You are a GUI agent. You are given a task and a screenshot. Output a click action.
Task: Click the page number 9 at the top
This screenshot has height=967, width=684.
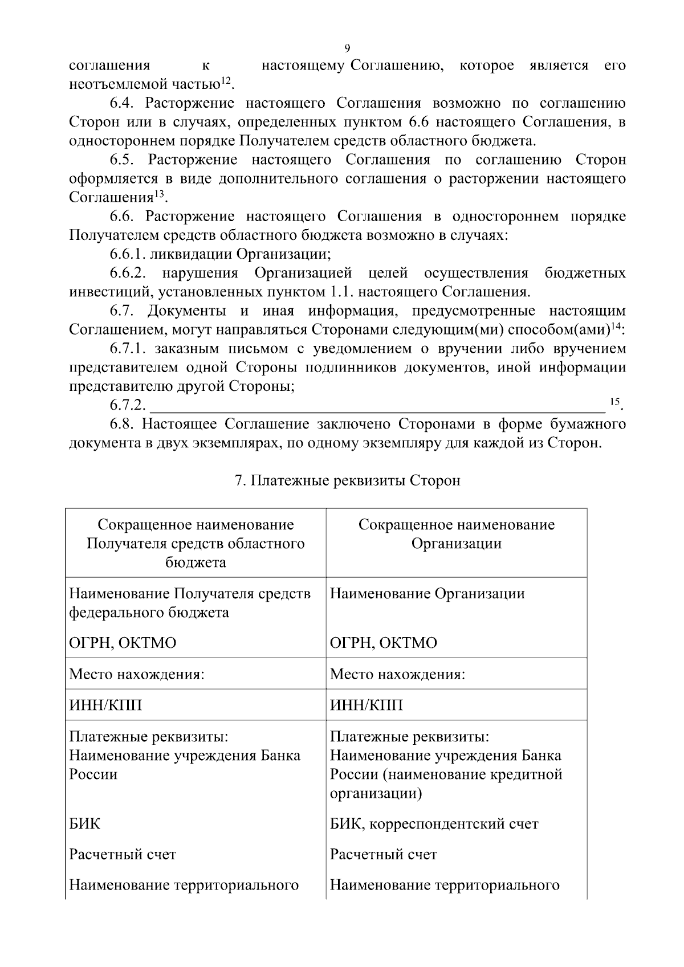347,48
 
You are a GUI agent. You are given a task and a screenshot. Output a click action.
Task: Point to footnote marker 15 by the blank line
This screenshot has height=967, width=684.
614,401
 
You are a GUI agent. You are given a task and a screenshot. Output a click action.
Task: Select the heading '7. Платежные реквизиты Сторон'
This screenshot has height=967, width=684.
347,480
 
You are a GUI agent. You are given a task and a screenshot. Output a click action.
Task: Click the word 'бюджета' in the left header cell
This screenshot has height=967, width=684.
196,562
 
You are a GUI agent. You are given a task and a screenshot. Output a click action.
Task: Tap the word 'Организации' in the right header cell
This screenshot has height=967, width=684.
456,543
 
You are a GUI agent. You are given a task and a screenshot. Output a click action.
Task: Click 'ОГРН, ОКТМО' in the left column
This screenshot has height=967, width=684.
123,643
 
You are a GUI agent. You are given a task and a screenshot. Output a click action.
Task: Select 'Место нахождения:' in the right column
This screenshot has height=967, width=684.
397,674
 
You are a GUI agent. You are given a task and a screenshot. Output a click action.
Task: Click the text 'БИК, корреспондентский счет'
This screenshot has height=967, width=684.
434,823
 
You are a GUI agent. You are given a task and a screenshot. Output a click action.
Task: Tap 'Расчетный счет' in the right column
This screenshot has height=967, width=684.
383,854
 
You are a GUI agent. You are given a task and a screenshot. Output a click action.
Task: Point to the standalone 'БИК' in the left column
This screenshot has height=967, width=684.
84,823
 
